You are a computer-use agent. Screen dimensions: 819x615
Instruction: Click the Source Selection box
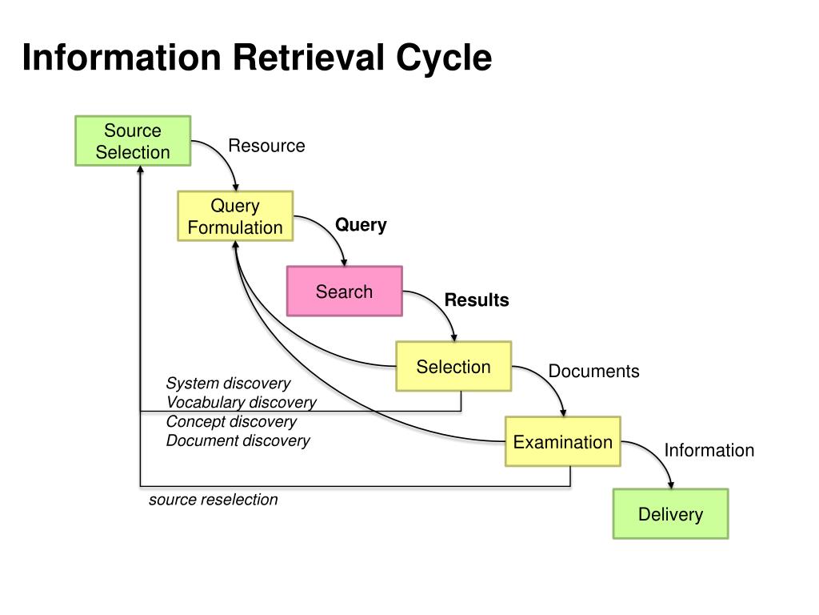[133, 141]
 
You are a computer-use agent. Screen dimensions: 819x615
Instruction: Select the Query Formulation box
[235, 216]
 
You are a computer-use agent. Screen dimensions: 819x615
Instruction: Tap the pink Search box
[344, 291]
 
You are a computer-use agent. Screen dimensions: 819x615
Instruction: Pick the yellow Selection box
[453, 366]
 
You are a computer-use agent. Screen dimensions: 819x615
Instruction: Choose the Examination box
[562, 441]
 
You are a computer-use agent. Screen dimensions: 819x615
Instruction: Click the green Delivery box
[671, 513]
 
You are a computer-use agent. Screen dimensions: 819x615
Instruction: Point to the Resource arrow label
[267, 146]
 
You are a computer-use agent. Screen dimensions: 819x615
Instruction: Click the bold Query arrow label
[361, 225]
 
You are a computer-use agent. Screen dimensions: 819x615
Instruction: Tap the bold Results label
[477, 300]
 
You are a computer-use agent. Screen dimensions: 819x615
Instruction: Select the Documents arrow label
[594, 372]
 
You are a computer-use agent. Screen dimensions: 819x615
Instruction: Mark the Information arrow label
[709, 450]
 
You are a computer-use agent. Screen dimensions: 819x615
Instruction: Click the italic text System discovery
[228, 384]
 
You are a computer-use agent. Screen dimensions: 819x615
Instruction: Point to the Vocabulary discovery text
[242, 402]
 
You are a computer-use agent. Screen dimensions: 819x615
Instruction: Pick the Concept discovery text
[231, 421]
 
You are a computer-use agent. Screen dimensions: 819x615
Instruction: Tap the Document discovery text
[238, 441]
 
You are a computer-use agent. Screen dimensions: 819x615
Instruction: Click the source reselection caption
[213, 500]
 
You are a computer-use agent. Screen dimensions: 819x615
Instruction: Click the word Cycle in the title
[444, 58]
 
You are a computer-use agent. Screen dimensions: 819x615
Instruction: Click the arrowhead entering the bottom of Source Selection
[140, 170]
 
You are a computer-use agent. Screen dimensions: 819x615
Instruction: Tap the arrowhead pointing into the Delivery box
[671, 485]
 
